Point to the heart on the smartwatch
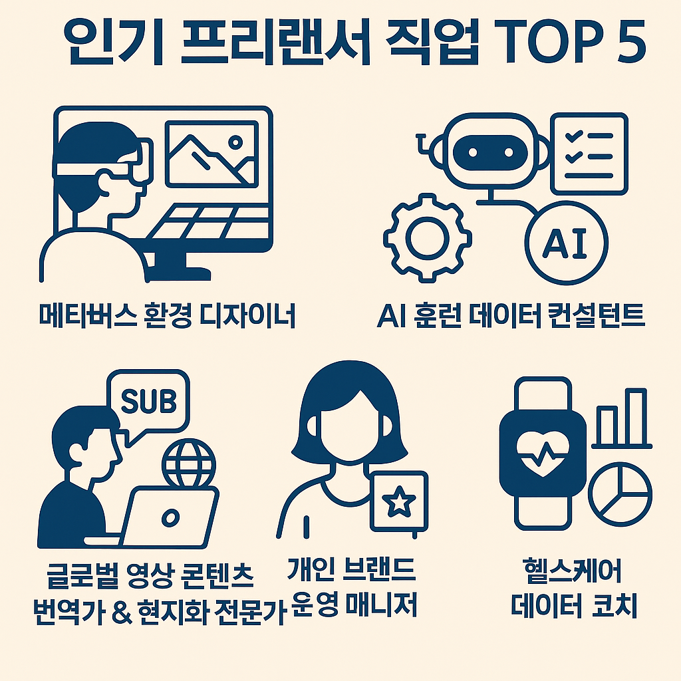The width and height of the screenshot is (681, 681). click(x=543, y=454)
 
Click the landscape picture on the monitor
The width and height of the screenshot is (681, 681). click(x=211, y=154)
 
